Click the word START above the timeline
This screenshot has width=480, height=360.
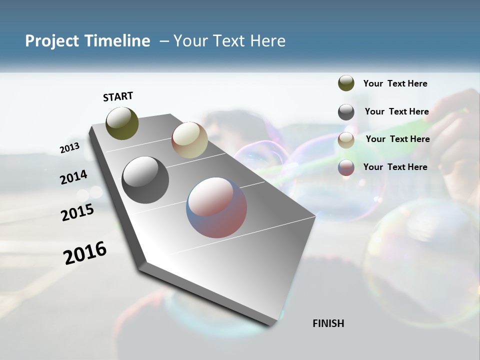pyautogui.click(x=118, y=96)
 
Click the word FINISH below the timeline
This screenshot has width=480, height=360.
pyautogui.click(x=328, y=323)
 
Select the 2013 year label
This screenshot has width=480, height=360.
pyautogui.click(x=69, y=148)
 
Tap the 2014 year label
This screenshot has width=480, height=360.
pyautogui.click(x=74, y=177)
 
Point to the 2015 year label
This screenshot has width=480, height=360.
pyautogui.click(x=77, y=212)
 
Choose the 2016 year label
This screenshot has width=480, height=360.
pyautogui.click(x=85, y=253)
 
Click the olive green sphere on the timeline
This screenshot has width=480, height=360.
pyautogui.click(x=122, y=123)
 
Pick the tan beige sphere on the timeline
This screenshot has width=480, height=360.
pyautogui.click(x=189, y=140)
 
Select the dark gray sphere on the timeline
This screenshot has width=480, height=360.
pyautogui.click(x=145, y=180)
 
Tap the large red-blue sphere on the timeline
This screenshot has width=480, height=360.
pyautogui.click(x=216, y=207)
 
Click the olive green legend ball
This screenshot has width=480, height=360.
pyautogui.click(x=346, y=83)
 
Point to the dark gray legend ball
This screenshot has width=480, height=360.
pyautogui.click(x=346, y=112)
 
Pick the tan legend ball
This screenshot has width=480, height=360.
pyautogui.click(x=346, y=140)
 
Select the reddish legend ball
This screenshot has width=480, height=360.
pyautogui.click(x=346, y=167)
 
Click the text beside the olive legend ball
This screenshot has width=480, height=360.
pyautogui.click(x=395, y=83)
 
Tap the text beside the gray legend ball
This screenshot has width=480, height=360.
pyautogui.click(x=396, y=111)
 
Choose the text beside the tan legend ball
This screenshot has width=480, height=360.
pyautogui.click(x=397, y=139)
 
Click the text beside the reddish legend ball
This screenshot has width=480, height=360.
pyautogui.click(x=395, y=167)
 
